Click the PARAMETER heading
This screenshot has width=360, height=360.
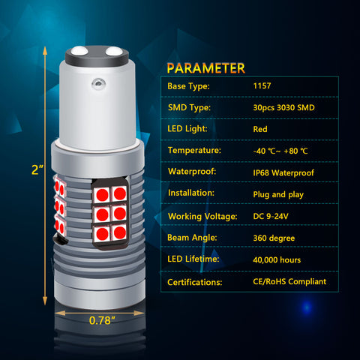pyautogui.click(x=206, y=68)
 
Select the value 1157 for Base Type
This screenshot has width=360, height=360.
pyautogui.click(x=262, y=86)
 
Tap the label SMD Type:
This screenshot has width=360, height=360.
pyautogui.click(x=189, y=107)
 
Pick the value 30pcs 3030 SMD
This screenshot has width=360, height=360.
pyautogui.click(x=283, y=108)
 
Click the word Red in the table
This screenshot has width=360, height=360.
pyautogui.click(x=260, y=129)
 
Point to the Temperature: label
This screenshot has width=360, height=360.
pyautogui.click(x=194, y=150)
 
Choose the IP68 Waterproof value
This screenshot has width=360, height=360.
pyautogui.click(x=283, y=172)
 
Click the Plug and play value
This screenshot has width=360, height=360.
pyautogui.click(x=278, y=194)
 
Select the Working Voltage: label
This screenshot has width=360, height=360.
pyautogui.click(x=202, y=216)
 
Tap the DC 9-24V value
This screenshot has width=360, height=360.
pyautogui.click(x=271, y=216)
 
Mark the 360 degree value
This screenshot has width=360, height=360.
pyautogui.click(x=274, y=238)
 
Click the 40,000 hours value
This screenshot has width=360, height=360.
pyautogui.click(x=277, y=260)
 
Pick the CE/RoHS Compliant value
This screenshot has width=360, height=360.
pyautogui.click(x=289, y=282)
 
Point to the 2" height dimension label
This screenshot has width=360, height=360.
pyautogui.click(x=37, y=169)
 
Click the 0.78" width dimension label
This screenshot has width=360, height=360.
pyautogui.click(x=102, y=320)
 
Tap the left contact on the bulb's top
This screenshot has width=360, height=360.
pyautogui.click(x=79, y=51)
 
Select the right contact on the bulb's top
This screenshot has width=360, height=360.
pyautogui.click(x=114, y=51)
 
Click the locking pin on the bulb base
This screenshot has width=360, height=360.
pyautogui.click(x=98, y=83)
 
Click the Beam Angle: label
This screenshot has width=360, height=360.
pyautogui.click(x=192, y=238)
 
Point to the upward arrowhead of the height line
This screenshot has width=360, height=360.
pyautogui.click(x=45, y=51)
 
